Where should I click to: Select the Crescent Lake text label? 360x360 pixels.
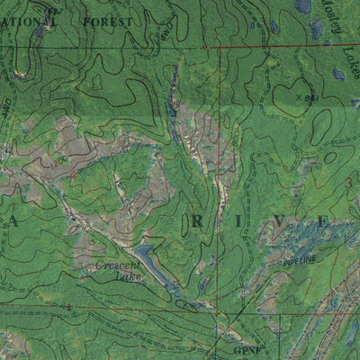coord(116,272)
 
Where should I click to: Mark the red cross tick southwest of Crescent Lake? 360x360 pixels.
coord(68,307)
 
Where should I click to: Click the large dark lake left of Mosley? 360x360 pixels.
coord(304,7)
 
